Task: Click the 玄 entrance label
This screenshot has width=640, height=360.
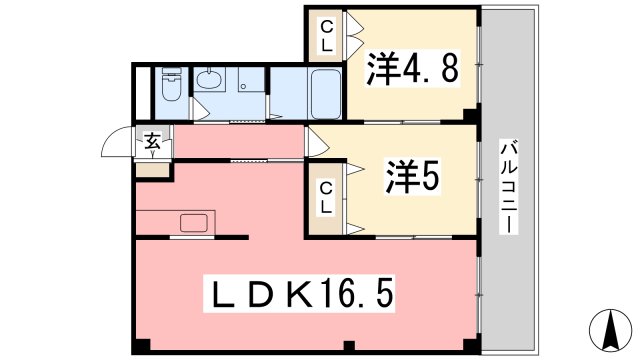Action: pos(152,143)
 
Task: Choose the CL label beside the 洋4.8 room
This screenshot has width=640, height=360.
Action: pos(327,37)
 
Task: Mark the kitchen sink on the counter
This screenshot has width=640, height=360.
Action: pos(192,222)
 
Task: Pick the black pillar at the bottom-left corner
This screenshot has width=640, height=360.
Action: pos(141,346)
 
